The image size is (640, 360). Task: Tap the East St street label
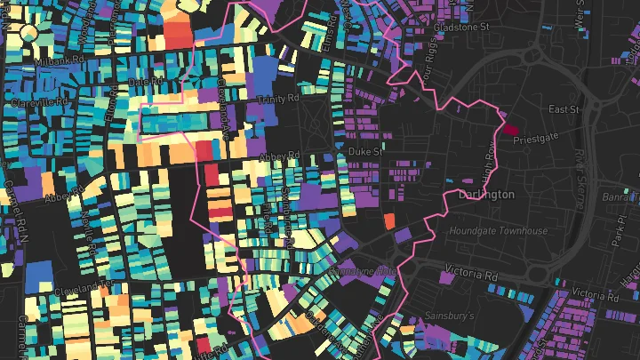click(564, 109)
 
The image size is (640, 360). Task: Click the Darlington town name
click(486, 194)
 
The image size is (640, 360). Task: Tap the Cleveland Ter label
click(84, 289)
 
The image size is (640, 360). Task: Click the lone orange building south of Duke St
click(388, 220)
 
